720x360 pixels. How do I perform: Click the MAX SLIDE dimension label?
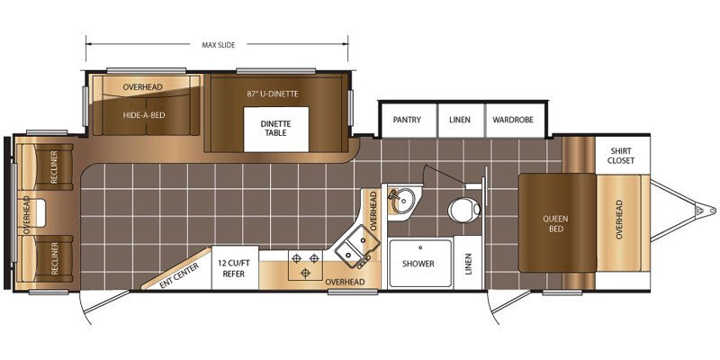click(x=218, y=45)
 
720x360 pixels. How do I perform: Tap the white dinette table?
click(x=276, y=129)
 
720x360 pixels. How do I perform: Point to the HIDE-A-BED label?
click(x=143, y=115)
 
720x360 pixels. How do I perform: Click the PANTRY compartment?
click(x=407, y=120)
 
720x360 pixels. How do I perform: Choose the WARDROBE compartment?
click(x=513, y=120)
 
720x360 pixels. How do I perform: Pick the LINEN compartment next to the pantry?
click(x=460, y=120)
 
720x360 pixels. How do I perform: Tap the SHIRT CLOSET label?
click(x=621, y=156)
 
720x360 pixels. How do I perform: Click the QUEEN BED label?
click(x=555, y=223)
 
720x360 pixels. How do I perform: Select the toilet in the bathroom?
click(x=464, y=211)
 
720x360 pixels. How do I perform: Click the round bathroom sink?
click(x=403, y=201)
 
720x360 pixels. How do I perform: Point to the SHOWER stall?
click(x=420, y=264)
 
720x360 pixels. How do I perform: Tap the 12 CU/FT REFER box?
click(x=234, y=269)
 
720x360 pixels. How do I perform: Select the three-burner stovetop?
click(x=305, y=265)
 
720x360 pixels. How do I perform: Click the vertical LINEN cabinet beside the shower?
click(x=468, y=262)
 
